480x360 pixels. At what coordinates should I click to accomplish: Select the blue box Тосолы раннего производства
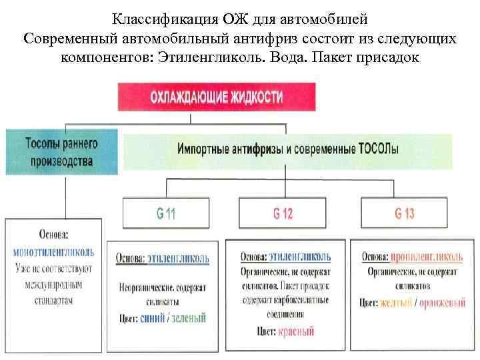click(x=61, y=152)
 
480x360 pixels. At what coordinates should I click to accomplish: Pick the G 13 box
click(x=404, y=213)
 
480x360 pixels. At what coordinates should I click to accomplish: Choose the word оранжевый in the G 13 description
click(x=441, y=302)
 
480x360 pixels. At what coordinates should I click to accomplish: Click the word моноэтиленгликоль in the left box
click(x=54, y=253)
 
